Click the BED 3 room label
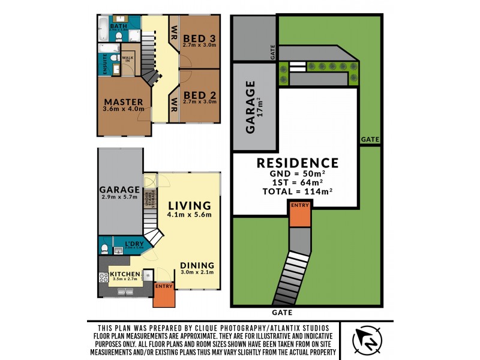(x=199, y=35)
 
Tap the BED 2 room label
(x=199, y=94)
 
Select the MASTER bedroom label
(x=123, y=102)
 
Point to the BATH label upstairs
(x=118, y=26)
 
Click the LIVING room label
(x=190, y=205)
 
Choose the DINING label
(x=197, y=265)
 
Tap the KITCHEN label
(x=125, y=275)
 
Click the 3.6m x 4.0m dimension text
(x=123, y=109)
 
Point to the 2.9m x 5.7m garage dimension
(x=119, y=197)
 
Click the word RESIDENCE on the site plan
(x=298, y=163)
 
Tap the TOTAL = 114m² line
(x=298, y=191)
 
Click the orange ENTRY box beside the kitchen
(x=163, y=295)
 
